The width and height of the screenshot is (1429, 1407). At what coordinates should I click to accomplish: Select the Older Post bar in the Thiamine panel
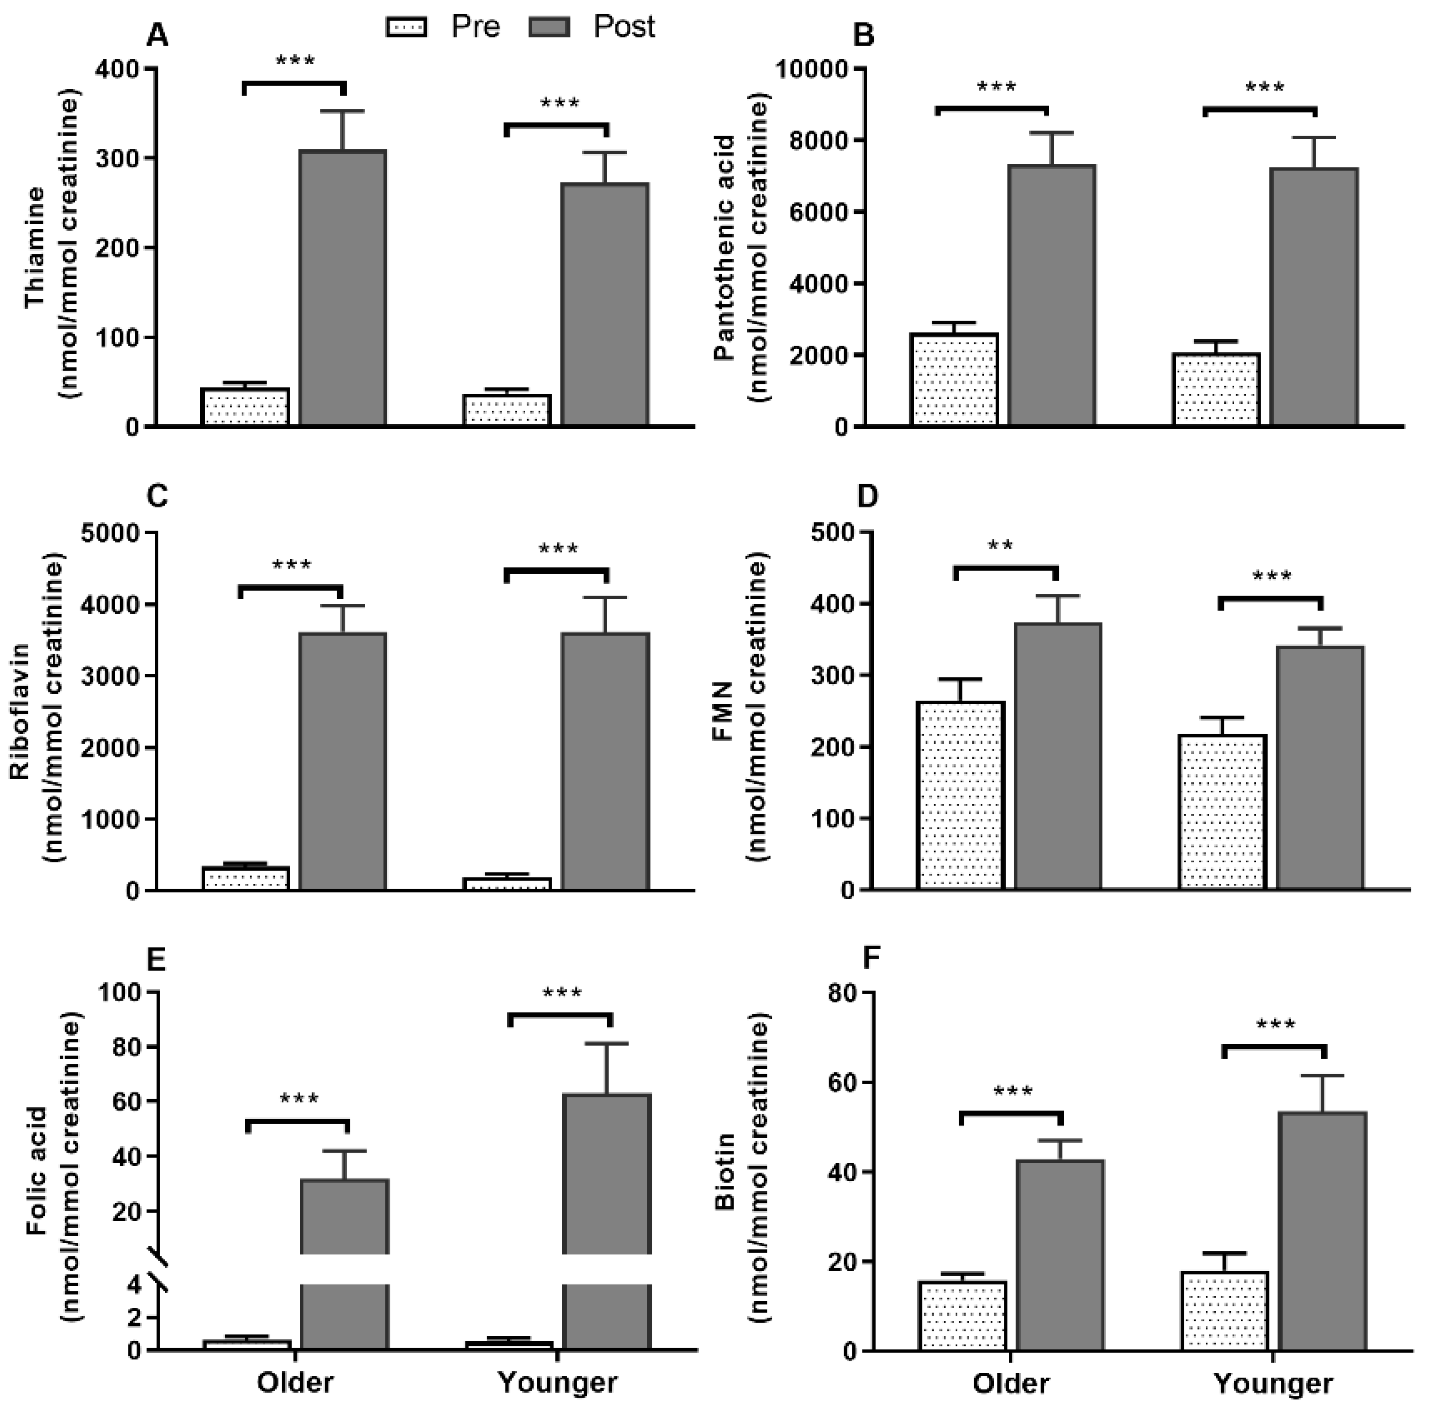[x=342, y=288]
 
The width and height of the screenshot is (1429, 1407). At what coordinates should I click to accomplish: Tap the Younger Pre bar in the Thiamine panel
[x=507, y=410]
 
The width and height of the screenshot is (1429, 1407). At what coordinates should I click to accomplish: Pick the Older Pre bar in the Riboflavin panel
[x=245, y=878]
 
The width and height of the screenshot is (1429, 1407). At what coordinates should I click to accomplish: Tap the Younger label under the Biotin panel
[x=1273, y=1382]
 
